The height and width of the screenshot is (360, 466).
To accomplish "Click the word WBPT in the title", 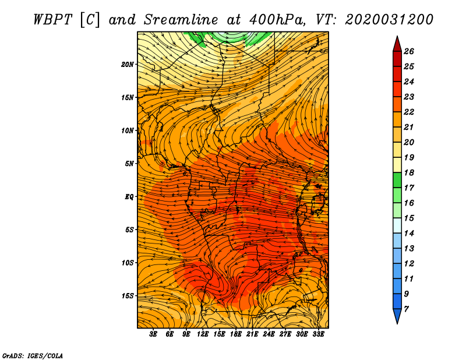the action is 53,20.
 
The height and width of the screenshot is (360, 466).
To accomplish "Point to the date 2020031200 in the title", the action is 389,20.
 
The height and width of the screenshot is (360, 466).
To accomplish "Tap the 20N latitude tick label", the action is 128,65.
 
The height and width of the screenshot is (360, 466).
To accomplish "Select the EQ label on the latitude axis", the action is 129,197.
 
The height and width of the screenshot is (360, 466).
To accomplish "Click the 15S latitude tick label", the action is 128,296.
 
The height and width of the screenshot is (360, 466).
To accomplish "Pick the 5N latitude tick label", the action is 129,164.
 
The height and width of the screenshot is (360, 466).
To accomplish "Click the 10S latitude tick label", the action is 128,263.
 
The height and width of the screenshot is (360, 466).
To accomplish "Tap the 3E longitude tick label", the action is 153,334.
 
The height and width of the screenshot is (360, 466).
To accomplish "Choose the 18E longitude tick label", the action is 236,334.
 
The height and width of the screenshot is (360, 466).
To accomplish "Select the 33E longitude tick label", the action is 318,334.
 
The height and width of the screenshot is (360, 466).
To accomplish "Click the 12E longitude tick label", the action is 203,334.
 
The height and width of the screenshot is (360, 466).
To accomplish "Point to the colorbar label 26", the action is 409,51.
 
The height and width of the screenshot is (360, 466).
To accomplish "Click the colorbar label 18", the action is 409,172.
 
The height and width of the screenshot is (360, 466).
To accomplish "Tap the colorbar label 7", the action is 406,309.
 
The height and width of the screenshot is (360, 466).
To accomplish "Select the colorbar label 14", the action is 409,234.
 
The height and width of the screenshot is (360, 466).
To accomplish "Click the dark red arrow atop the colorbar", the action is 397,45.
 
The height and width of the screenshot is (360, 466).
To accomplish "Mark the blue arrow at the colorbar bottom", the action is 397,316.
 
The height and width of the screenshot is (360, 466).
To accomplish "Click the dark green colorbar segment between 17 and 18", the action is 397,180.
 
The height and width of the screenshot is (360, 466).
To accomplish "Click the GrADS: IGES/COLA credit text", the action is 33,356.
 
